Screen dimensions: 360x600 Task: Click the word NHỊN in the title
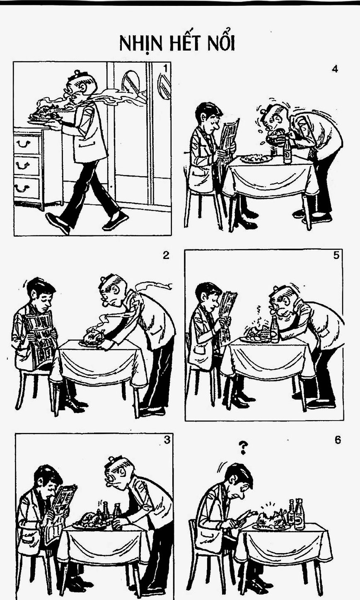141,44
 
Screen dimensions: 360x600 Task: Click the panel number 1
165,69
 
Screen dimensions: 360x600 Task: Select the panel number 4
335,69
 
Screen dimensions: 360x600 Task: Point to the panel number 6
338,440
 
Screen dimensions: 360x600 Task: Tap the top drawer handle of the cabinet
23,144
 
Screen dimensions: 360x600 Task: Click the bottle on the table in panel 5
275,329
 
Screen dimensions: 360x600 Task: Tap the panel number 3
167,440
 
